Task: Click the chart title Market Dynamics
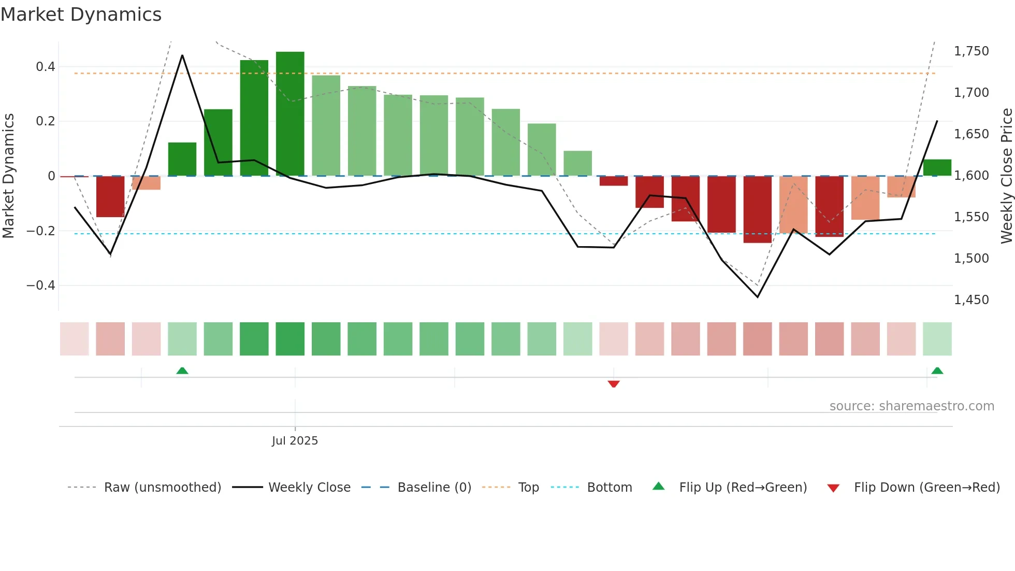81,15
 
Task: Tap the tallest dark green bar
290,114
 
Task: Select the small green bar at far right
937,167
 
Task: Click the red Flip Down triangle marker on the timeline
614,384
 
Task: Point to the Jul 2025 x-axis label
295,441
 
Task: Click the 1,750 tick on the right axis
971,51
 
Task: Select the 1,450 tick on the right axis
971,300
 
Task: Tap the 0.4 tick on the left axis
46,67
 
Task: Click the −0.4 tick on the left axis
41,285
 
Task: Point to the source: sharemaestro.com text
911,406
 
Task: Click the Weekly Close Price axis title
1006,176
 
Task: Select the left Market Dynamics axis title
8,176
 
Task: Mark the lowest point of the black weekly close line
758,297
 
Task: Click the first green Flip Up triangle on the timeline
182,370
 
